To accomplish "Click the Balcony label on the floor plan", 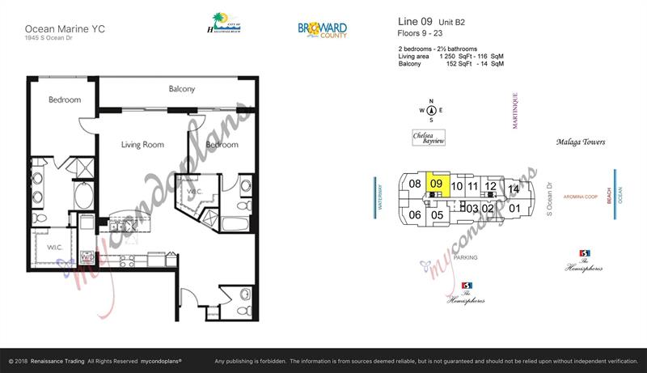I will click(x=181, y=89).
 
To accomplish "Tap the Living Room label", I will click(x=142, y=145).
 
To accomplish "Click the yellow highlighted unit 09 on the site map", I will click(x=437, y=184).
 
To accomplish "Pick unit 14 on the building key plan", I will click(x=513, y=189).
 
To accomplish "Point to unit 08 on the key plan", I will click(x=414, y=184).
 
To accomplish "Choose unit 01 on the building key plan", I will click(x=514, y=208).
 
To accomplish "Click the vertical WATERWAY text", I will click(x=378, y=197).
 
